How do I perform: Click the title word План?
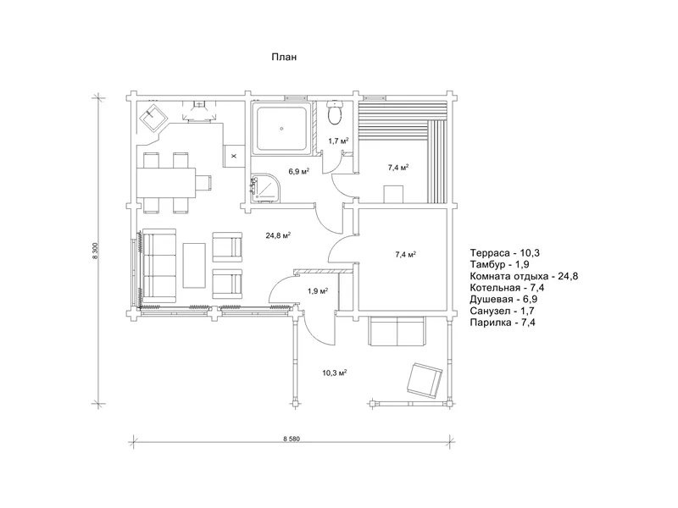pyautogui.click(x=284, y=57)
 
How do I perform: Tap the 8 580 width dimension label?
pyautogui.click(x=292, y=439)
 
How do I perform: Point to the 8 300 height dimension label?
pyautogui.click(x=95, y=251)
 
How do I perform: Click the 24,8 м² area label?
pyautogui.click(x=278, y=235)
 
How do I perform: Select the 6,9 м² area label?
pyautogui.click(x=299, y=172)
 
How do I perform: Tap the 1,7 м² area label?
pyautogui.click(x=338, y=141)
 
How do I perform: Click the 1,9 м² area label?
pyautogui.click(x=317, y=291)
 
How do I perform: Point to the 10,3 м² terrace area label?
pyautogui.click(x=335, y=373)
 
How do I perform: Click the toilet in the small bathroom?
pyautogui.click(x=334, y=113)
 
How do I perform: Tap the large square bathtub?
pyautogui.click(x=282, y=128)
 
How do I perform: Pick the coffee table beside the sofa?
pyautogui.click(x=194, y=265)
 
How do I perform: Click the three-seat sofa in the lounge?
pyautogui.click(x=159, y=266)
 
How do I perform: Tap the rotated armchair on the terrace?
pyautogui.click(x=425, y=380)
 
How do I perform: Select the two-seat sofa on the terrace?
pyautogui.click(x=397, y=331)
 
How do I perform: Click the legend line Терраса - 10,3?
pyautogui.click(x=504, y=252)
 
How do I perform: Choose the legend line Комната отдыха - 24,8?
pyautogui.click(x=524, y=276)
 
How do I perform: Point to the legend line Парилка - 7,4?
pyautogui.click(x=503, y=323)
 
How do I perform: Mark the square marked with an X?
pyautogui.click(x=234, y=156)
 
